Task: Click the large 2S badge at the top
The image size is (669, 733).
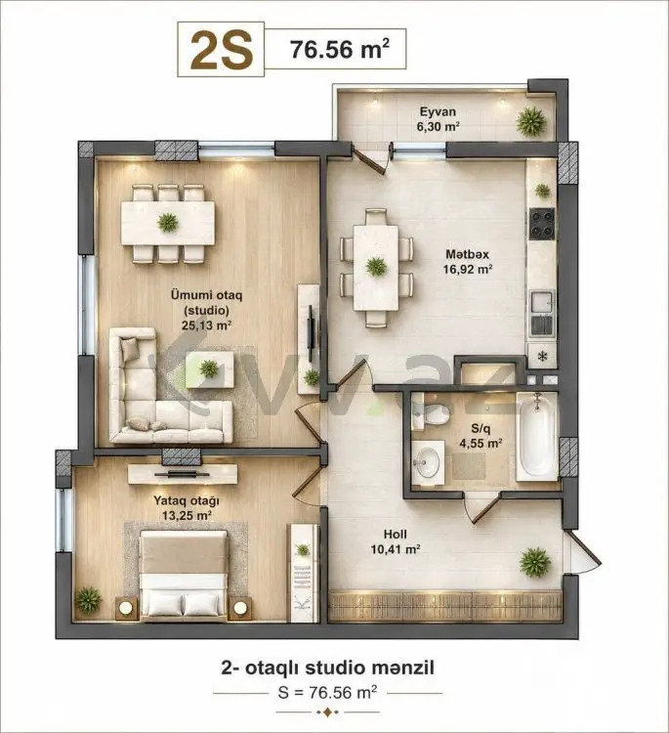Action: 221,49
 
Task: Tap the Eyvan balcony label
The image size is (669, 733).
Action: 438,118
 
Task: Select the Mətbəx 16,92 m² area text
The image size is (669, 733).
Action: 468,262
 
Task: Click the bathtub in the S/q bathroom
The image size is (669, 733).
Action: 537,436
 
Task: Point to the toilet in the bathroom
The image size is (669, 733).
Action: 432,412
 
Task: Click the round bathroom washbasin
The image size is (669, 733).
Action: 426,463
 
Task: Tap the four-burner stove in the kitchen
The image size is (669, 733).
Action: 542,224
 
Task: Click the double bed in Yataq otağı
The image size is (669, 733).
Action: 184,574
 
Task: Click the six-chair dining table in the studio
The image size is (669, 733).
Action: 168,224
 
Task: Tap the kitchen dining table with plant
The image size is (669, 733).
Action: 376,268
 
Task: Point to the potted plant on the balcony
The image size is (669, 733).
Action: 531,121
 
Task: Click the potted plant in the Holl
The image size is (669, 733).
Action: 535,562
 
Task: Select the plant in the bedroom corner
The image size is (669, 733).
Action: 88,600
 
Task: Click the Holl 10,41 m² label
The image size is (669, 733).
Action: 396,541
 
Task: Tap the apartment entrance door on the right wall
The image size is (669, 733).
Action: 582,550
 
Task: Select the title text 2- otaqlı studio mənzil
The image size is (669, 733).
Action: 327,668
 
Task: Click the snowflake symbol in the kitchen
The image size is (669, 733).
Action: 542,357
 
